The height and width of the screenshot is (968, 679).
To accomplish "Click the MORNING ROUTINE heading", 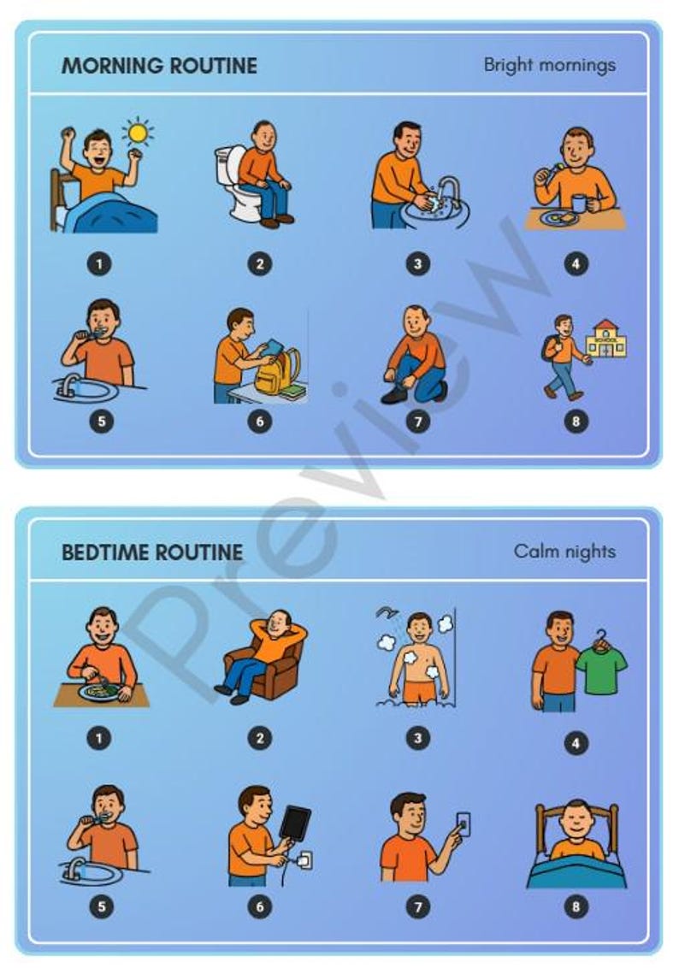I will [x=158, y=66].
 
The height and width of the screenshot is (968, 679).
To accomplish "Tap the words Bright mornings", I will [x=549, y=65].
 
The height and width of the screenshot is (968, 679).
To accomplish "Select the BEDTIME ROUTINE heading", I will [x=151, y=552].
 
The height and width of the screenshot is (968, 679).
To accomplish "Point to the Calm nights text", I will [x=564, y=551].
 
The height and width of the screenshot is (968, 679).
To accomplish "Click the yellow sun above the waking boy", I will [x=137, y=133].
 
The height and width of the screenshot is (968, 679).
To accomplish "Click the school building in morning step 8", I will [x=605, y=339].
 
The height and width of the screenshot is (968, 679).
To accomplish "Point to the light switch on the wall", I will [x=463, y=823].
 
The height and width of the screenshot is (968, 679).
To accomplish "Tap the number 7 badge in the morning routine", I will [x=417, y=422].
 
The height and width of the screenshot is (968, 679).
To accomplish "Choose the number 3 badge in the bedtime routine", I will [x=417, y=737].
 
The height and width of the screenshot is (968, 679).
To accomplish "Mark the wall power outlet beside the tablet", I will [x=304, y=859].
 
